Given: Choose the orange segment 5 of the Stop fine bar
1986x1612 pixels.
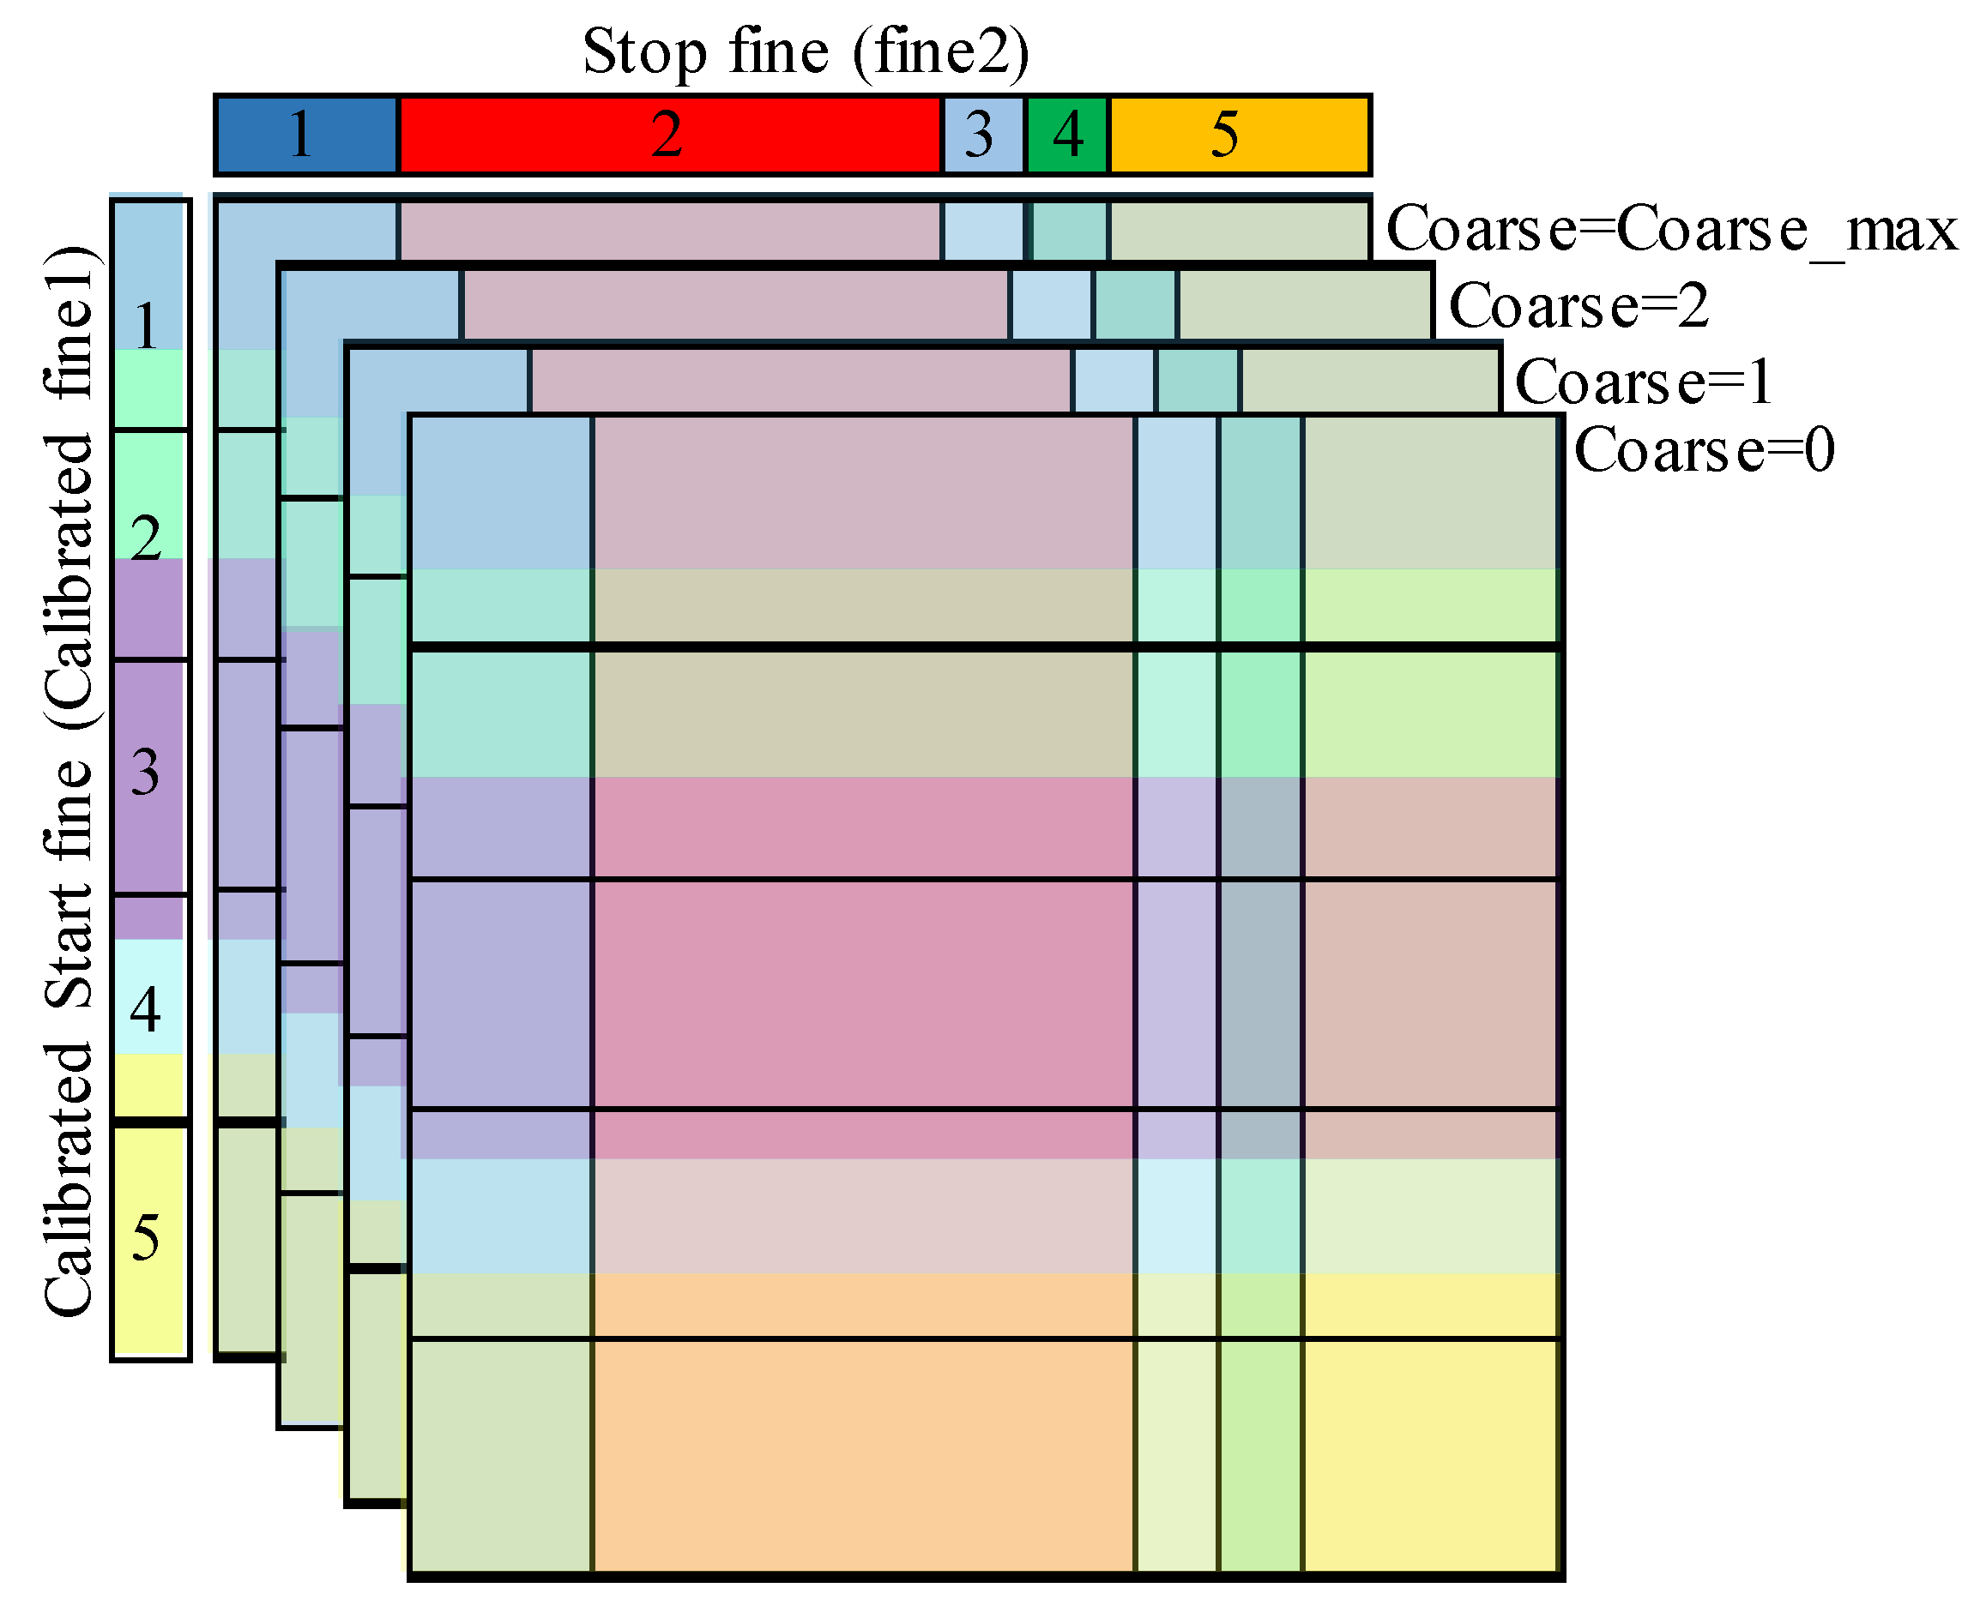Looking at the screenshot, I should coord(1301,135).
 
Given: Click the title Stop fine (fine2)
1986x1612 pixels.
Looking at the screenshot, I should coord(806,51).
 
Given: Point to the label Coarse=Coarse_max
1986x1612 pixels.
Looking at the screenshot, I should coord(1671,228).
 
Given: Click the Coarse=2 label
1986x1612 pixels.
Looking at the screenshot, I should coord(1579,305).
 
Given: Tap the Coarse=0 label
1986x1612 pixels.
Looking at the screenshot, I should coord(1705,450).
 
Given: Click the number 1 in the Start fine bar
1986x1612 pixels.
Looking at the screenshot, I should coord(146,326).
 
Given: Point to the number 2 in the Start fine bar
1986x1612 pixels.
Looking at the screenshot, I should coord(146,538).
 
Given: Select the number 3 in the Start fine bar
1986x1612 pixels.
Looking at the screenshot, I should coord(146,772).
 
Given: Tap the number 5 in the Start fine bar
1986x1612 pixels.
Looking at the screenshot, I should coord(146,1238).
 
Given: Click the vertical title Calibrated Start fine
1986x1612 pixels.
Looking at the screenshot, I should coord(69,780).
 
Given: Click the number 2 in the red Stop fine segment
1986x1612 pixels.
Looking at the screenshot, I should coord(667,135).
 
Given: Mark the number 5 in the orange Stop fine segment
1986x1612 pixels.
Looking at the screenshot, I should coord(1224,135).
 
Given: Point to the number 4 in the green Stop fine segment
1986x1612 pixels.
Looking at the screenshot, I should coord(1068,135).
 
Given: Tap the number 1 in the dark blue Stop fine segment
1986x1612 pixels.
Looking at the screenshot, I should coord(300,135).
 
